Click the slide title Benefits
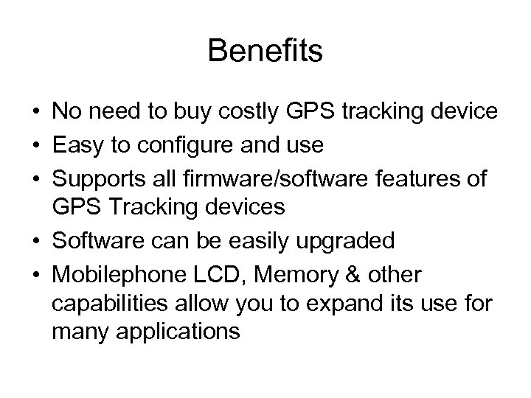[x=265, y=52]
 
